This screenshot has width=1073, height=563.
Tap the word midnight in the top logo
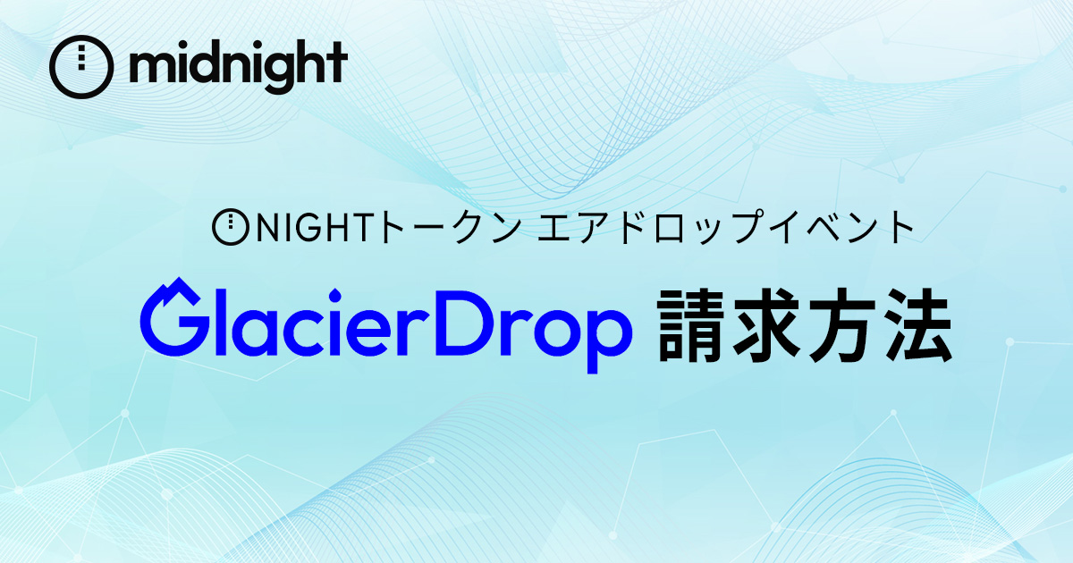point(238,66)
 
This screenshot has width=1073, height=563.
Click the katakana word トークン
point(449,227)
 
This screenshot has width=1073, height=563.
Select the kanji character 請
point(690,325)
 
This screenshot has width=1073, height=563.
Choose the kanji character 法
point(917,325)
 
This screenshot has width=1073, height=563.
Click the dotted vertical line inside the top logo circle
point(81,58)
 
